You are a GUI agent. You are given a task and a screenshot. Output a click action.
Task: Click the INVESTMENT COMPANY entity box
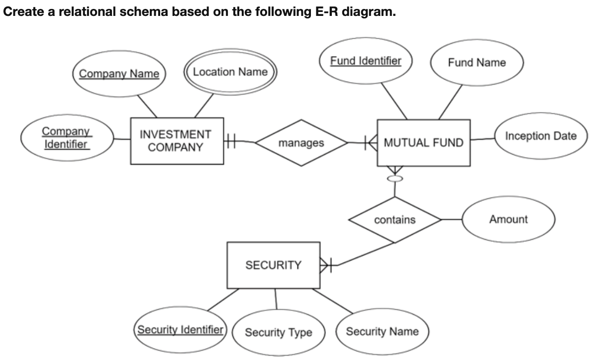pyautogui.click(x=177, y=141)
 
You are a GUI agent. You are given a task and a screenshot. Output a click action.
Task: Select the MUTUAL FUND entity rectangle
pyautogui.click(x=423, y=143)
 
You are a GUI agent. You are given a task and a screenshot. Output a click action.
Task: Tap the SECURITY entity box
pyautogui.click(x=273, y=265)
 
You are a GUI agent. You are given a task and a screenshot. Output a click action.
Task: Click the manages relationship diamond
pyautogui.click(x=301, y=143)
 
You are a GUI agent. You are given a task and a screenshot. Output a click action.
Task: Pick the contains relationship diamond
pyautogui.click(x=394, y=219)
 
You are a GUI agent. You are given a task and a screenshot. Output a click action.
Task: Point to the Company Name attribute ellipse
pyautogui.click(x=119, y=74)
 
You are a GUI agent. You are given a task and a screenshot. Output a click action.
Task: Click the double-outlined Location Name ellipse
pyautogui.click(x=230, y=72)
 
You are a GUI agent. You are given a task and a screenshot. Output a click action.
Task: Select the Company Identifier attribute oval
pyautogui.click(x=66, y=138)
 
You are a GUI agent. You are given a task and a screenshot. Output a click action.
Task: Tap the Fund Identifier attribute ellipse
pyautogui.click(x=366, y=62)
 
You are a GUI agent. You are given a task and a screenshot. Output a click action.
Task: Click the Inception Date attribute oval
pyautogui.click(x=541, y=136)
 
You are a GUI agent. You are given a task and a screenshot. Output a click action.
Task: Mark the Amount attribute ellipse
pyautogui.click(x=508, y=219)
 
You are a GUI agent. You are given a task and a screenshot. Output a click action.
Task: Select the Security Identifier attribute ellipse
pyautogui.click(x=180, y=330)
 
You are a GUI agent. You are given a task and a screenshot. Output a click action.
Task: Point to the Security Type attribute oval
pyautogui.click(x=278, y=332)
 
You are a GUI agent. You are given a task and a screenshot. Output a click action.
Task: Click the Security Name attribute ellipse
pyautogui.click(x=382, y=331)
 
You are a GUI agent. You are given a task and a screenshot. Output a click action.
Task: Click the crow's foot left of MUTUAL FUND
pyautogui.click(x=371, y=143)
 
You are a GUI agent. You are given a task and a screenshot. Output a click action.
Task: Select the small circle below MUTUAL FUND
pyautogui.click(x=394, y=178)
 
